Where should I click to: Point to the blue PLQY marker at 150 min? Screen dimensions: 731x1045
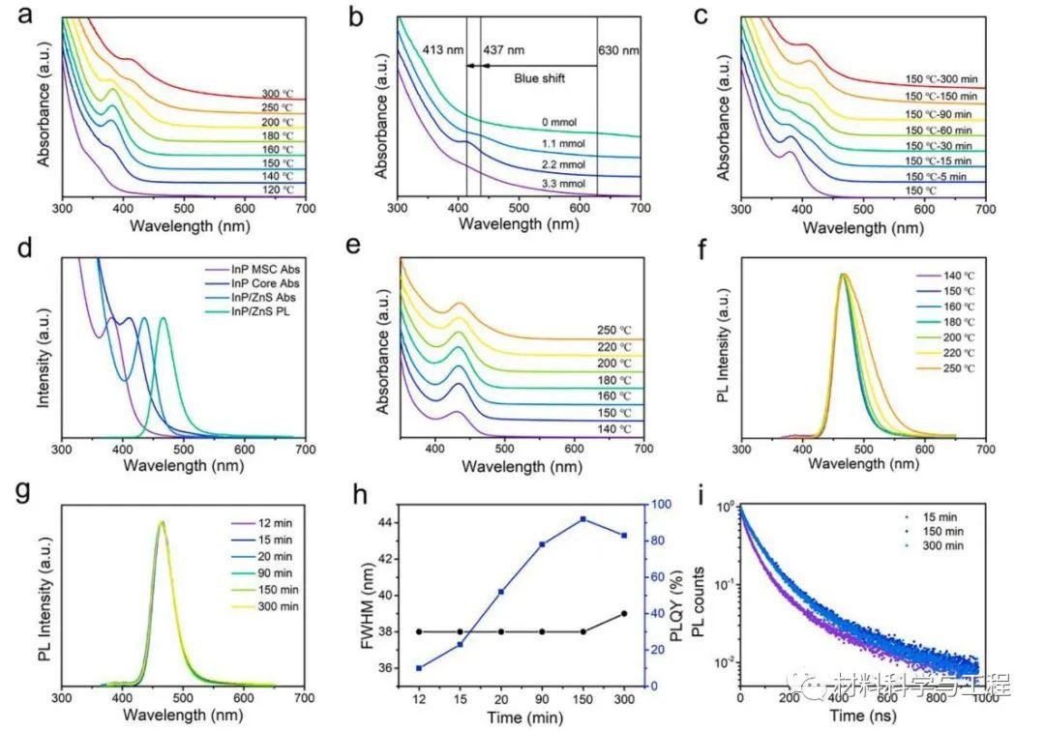[x=582, y=519]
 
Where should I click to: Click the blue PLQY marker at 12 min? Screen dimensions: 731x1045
[x=419, y=668]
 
